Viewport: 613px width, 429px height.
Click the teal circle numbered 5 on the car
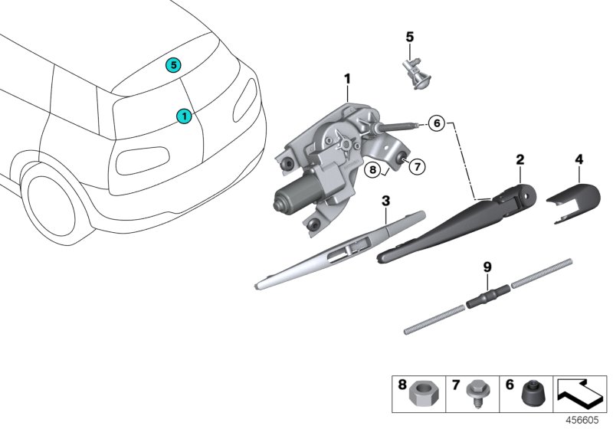(174, 66)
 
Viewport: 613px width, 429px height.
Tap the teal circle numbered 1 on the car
(184, 116)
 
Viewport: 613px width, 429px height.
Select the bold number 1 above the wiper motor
(346, 78)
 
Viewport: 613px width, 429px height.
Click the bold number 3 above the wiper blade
(385, 201)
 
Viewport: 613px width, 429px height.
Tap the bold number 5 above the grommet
(409, 36)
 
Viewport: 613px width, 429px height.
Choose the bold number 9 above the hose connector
(486, 267)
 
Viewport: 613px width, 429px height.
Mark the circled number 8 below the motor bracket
(372, 170)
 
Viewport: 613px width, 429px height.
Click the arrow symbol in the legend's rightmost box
(578, 395)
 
